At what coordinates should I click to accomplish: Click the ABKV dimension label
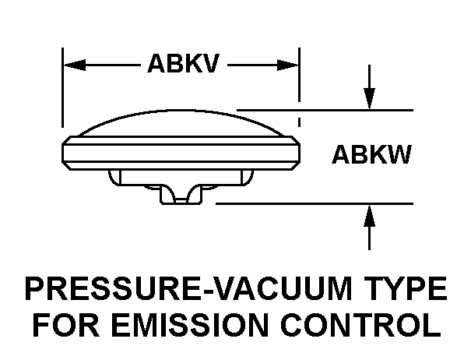coord(183,64)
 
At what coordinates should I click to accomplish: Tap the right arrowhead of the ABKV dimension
coord(292,65)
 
